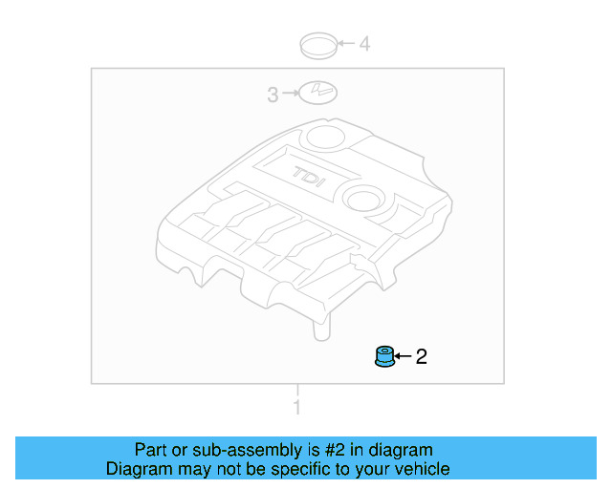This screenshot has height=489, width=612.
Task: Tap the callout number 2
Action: pos(421,357)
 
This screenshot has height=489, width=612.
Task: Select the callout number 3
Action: pos(273,94)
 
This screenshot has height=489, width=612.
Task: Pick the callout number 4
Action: pos(364,43)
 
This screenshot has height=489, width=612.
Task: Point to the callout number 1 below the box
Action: pos(296,409)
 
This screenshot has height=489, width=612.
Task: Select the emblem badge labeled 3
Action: pos(317,93)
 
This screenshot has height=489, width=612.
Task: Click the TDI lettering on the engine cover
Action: pos(308,176)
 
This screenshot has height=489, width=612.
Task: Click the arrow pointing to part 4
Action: pos(344,43)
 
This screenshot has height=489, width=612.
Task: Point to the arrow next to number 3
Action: pos(289,94)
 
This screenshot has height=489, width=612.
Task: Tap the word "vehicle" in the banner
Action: pos(421,469)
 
